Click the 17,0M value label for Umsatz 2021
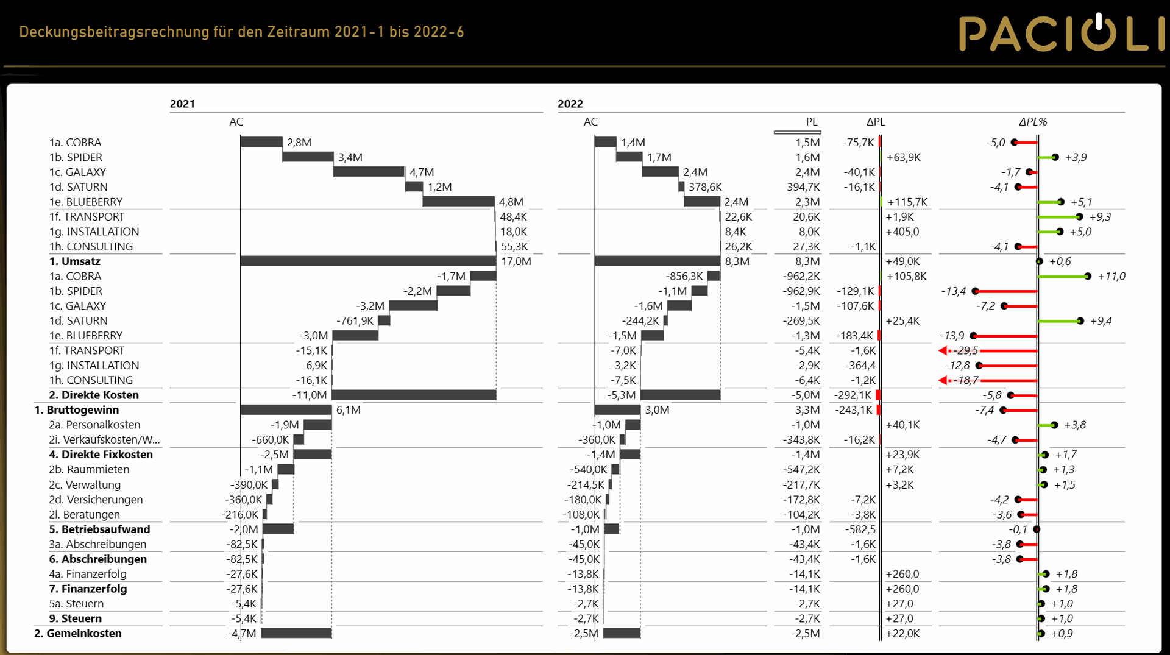coord(516,261)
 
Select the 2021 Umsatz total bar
coord(368,261)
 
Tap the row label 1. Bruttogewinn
coord(77,410)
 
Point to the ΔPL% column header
coord(1033,122)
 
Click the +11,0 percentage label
coord(1111,277)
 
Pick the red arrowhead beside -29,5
coord(943,350)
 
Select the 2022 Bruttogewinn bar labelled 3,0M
coord(617,409)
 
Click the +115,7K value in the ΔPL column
coord(907,202)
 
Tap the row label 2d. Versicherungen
coord(96,500)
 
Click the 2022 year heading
coord(570,104)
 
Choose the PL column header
coord(812,122)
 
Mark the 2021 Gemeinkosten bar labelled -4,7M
coord(296,633)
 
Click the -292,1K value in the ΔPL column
coord(853,395)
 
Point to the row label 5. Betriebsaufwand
coord(99,529)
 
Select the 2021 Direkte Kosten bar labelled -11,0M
coord(414,395)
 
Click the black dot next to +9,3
coord(1079,217)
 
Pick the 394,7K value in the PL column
coord(803,187)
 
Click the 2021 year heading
coord(182,104)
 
